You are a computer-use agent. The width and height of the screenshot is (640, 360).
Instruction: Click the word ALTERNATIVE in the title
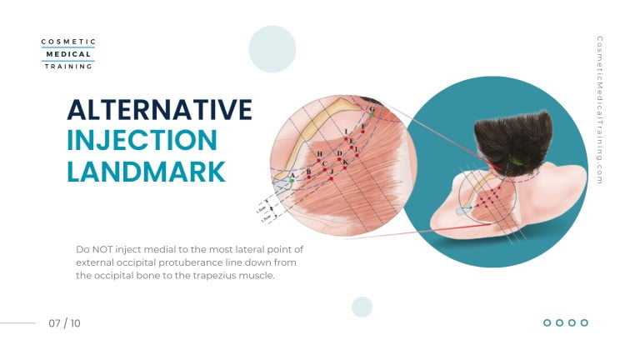click(159, 111)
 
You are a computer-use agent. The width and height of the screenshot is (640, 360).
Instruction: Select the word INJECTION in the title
click(142, 141)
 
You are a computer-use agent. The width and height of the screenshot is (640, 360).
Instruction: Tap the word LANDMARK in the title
click(146, 171)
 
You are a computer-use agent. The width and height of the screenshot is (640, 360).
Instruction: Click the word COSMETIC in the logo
click(68, 42)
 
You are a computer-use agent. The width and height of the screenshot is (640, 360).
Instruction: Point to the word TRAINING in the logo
click(68, 66)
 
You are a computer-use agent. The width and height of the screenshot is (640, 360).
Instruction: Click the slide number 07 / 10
click(65, 322)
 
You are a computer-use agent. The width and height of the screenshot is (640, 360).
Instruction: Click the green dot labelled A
click(292, 180)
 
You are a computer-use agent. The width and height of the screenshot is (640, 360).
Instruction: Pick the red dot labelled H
click(319, 161)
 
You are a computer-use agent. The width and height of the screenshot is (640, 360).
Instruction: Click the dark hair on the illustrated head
click(513, 137)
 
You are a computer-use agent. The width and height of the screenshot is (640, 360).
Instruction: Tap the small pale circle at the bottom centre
click(362, 307)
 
